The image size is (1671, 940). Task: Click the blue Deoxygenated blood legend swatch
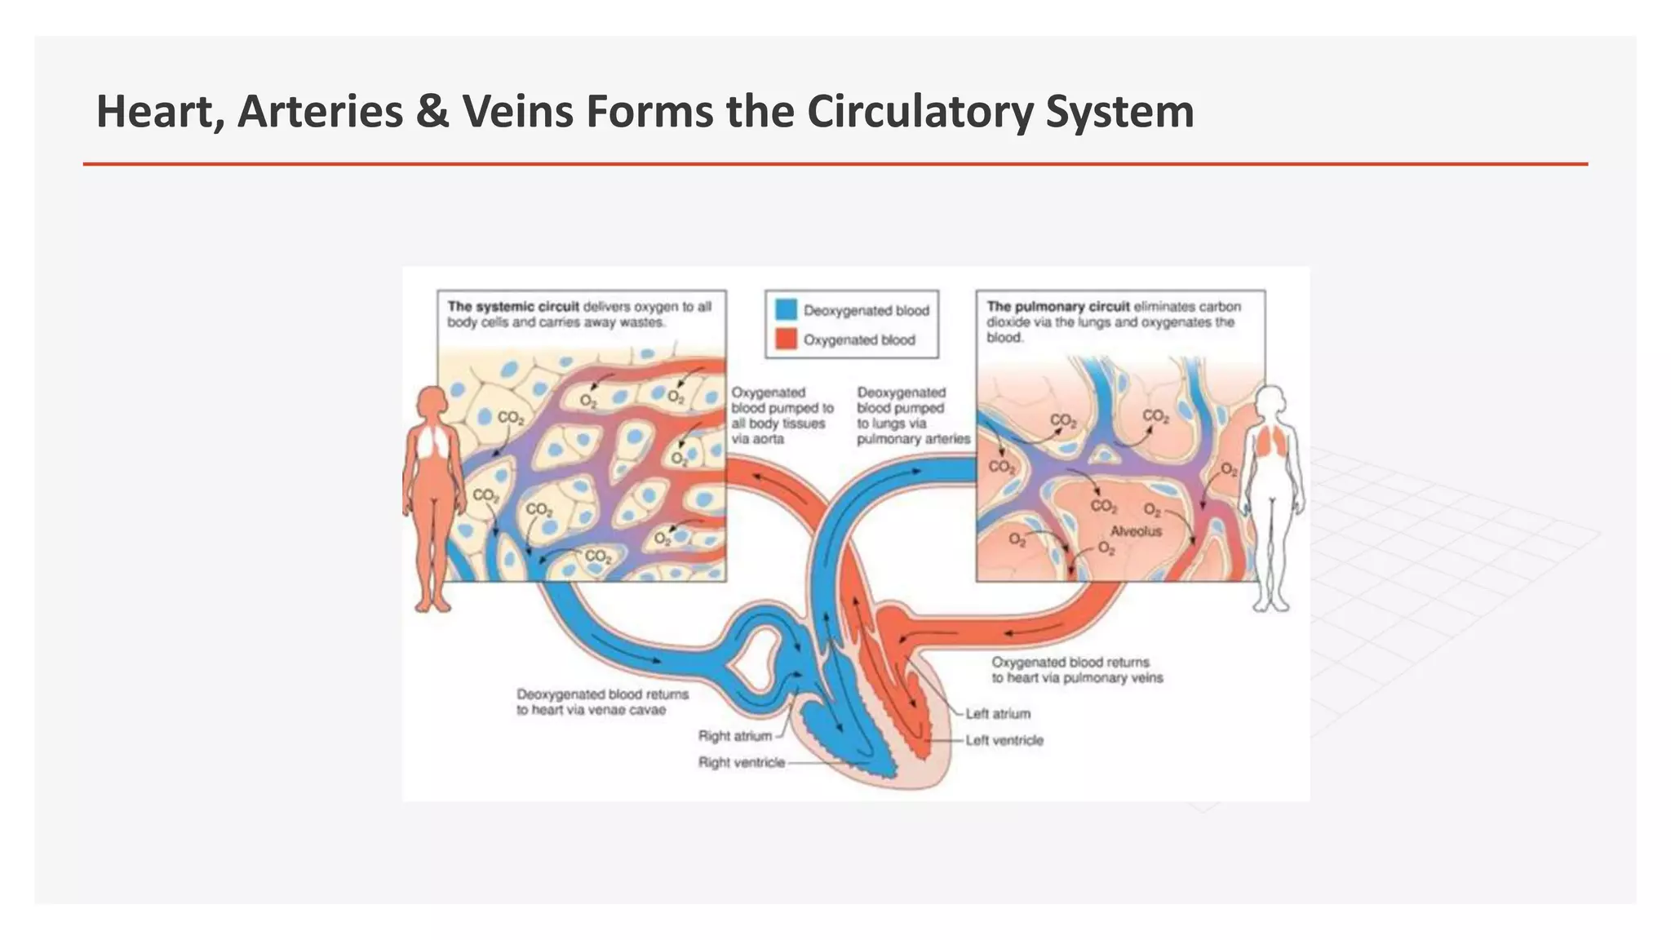tap(785, 309)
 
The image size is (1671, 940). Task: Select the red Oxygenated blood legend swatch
tap(785, 339)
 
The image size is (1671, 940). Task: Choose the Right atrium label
tap(734, 736)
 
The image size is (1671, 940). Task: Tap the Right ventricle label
tap(741, 763)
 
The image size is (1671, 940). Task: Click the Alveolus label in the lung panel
tap(1136, 531)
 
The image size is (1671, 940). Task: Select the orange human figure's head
tap(432, 402)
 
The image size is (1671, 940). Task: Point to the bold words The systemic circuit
tap(512, 307)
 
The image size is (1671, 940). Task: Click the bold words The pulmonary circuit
tap(1057, 307)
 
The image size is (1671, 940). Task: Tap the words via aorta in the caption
tap(757, 439)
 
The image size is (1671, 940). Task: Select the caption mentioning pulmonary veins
tap(1076, 671)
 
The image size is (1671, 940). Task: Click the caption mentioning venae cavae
tap(601, 703)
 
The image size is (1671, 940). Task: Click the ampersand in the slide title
tap(432, 112)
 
